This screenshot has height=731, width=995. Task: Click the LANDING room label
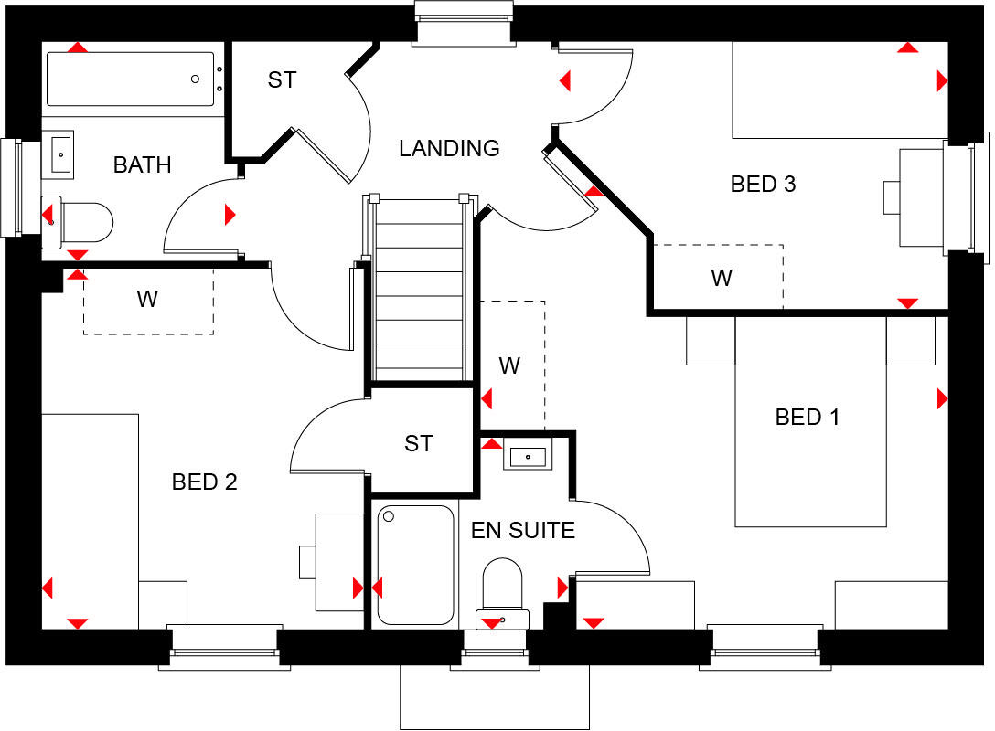click(x=449, y=148)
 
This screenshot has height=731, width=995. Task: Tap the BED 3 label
click(x=763, y=184)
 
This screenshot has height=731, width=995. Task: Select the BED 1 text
click(x=807, y=418)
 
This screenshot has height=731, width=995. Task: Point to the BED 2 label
click(x=205, y=482)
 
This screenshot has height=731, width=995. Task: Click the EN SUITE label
click(x=522, y=530)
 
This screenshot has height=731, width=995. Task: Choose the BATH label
click(x=142, y=165)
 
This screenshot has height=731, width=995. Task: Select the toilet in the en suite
click(x=502, y=588)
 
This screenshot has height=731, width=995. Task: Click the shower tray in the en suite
click(x=415, y=565)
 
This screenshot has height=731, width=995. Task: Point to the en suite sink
click(x=528, y=454)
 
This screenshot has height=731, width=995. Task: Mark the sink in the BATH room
click(x=59, y=154)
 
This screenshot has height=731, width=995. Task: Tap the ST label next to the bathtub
click(x=282, y=80)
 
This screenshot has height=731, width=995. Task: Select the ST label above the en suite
click(x=418, y=444)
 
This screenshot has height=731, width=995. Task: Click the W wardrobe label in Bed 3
click(x=722, y=278)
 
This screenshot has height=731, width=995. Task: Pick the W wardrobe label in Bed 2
click(x=146, y=299)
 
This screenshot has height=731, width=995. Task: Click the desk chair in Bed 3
click(x=892, y=197)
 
